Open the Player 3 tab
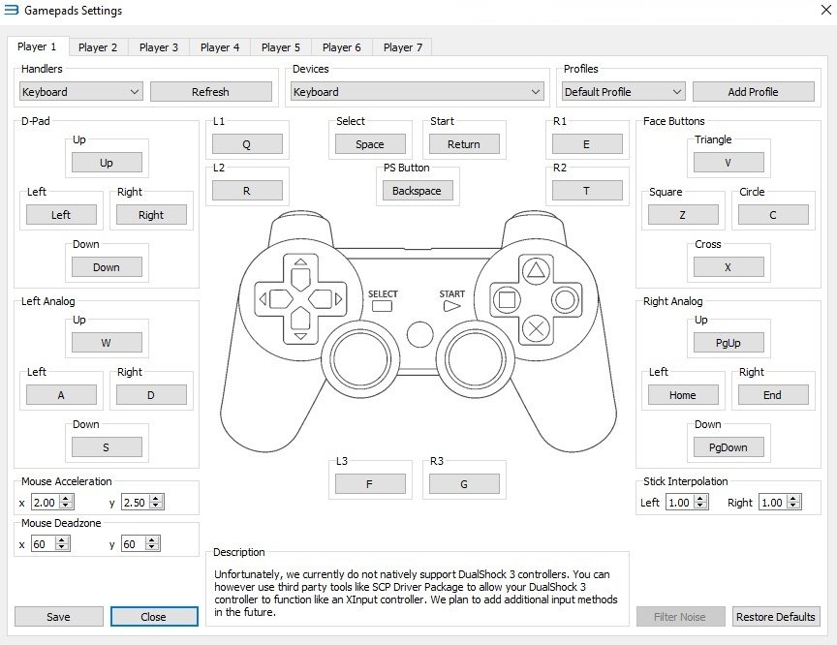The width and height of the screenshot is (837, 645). pyautogui.click(x=159, y=47)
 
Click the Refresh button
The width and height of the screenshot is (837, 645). pyautogui.click(x=211, y=92)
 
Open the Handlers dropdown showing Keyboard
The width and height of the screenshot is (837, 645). pyautogui.click(x=80, y=92)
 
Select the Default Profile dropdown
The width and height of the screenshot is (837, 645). pyautogui.click(x=624, y=92)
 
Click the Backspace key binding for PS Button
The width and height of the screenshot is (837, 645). pyautogui.click(x=417, y=191)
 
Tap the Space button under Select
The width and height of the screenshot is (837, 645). pyautogui.click(x=370, y=144)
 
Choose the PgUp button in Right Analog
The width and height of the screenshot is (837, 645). pyautogui.click(x=728, y=343)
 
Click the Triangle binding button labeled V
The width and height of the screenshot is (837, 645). pyautogui.click(x=728, y=162)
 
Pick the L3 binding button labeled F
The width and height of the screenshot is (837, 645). pyautogui.click(x=369, y=484)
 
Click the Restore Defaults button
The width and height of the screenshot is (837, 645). pyautogui.click(x=776, y=617)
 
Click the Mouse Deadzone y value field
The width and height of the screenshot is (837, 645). pyautogui.click(x=135, y=543)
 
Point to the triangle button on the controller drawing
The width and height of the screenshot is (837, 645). pyautogui.click(x=536, y=270)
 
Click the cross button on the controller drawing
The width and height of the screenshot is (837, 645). pyautogui.click(x=536, y=328)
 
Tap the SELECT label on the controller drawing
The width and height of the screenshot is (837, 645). pyautogui.click(x=383, y=294)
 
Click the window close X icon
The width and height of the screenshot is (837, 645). pyautogui.click(x=825, y=10)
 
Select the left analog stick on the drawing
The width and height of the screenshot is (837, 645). pyautogui.click(x=359, y=358)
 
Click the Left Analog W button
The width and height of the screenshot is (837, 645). pyautogui.click(x=107, y=343)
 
